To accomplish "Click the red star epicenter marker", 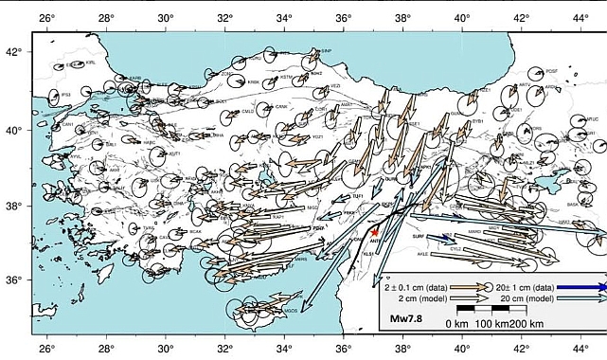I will (375, 232).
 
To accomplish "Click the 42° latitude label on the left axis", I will (12, 53).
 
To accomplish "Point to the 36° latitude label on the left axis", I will (12, 280).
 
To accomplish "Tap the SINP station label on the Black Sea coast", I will (326, 51).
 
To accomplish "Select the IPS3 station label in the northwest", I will (65, 95).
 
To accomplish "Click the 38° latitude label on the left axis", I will (12, 206).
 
